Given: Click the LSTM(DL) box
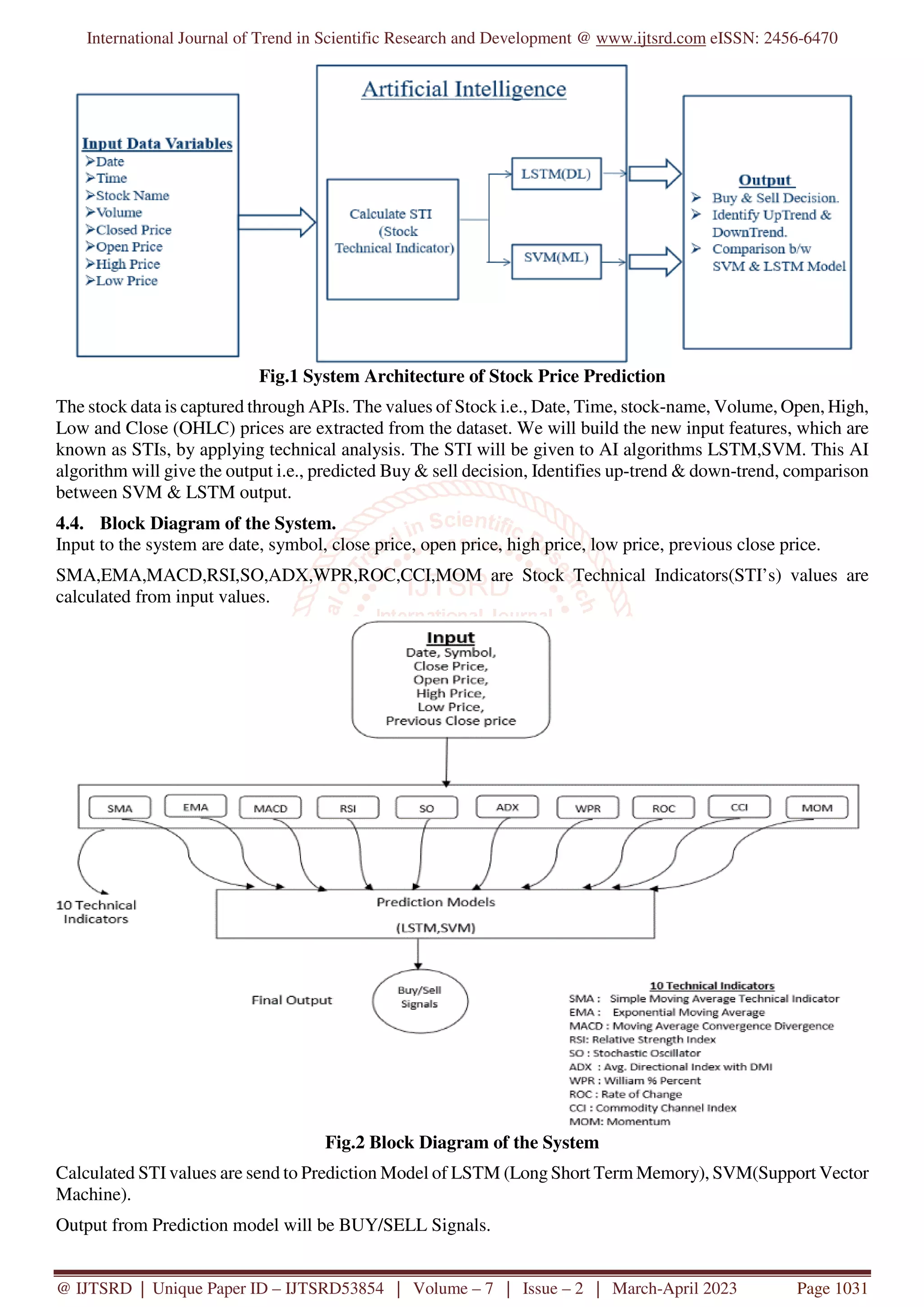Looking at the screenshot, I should [556, 174].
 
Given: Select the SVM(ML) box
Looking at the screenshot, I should [556, 261].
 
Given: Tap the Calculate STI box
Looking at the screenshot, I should [392, 239].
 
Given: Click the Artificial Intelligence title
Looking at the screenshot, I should [464, 89].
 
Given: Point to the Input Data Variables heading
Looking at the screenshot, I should [157, 143].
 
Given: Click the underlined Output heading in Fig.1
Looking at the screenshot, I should [765, 180].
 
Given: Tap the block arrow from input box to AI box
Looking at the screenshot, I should [277, 222].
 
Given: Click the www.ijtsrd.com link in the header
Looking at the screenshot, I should [650, 38].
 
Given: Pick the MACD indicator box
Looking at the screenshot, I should [270, 808].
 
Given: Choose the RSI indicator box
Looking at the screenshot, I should [348, 808].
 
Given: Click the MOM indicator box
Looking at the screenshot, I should [817, 807].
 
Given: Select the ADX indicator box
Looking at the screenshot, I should [507, 807].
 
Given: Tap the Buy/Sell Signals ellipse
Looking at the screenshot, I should [420, 1001].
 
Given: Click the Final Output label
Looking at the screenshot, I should [291, 1000].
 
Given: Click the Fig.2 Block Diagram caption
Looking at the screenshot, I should [462, 1142].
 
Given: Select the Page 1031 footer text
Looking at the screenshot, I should [832, 1288].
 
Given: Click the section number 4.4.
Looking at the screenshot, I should [69, 523].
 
